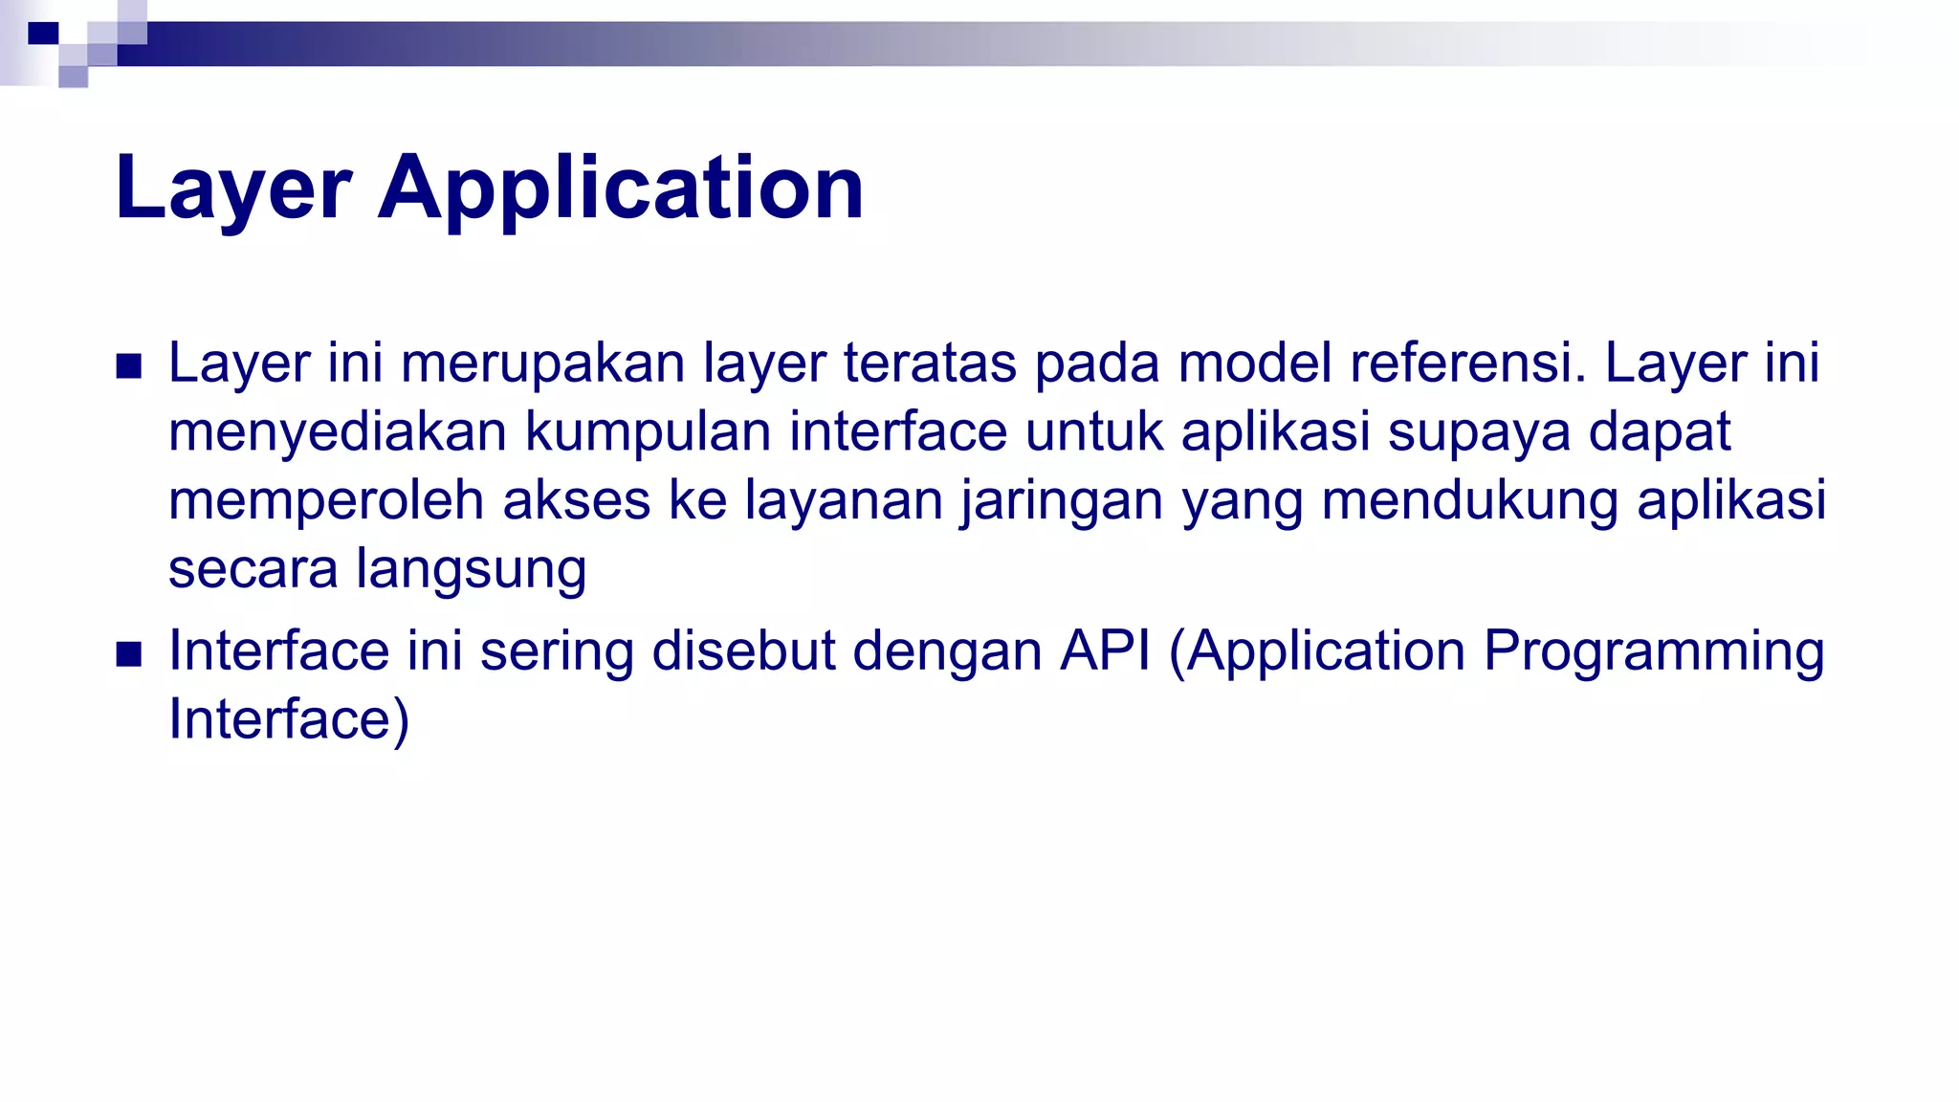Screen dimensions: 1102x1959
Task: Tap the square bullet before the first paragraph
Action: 128,366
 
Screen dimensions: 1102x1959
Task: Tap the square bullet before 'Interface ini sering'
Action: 128,654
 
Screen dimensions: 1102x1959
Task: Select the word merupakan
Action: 542,364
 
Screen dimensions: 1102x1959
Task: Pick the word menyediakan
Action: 337,432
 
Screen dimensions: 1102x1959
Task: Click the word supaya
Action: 1479,432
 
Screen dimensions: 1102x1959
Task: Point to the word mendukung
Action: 1469,500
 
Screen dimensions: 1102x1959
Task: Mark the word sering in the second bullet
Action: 557,651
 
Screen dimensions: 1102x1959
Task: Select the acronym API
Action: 1105,651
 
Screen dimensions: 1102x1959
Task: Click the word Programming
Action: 1654,651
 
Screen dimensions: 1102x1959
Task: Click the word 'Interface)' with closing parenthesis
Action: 289,719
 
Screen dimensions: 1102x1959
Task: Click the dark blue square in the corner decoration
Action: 43,34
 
